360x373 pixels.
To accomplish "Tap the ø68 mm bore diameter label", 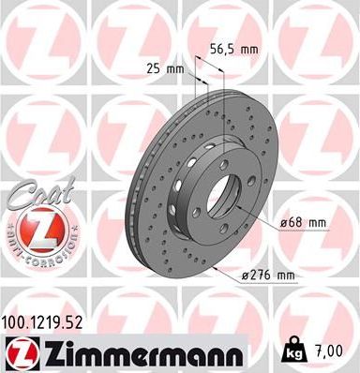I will [305, 222].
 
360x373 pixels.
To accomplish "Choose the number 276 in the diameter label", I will [255, 275].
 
